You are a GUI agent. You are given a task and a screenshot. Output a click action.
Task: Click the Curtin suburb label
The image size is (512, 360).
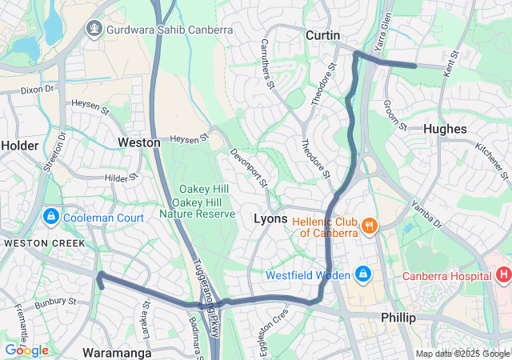(323, 35)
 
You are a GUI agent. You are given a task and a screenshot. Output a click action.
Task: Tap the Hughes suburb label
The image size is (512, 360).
(445, 128)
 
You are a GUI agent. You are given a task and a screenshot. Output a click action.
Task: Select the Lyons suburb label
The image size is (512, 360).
(270, 218)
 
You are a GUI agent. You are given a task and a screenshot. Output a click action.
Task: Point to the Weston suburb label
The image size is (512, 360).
(139, 142)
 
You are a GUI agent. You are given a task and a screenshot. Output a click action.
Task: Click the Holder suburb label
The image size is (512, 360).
(19, 145)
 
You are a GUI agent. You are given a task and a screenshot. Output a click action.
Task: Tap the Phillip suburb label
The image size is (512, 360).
(398, 318)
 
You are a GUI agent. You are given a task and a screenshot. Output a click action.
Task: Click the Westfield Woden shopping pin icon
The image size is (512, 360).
(364, 274)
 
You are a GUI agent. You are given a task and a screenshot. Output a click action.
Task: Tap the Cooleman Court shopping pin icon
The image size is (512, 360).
(50, 217)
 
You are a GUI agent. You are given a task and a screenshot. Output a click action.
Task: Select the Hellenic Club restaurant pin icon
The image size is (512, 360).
(369, 226)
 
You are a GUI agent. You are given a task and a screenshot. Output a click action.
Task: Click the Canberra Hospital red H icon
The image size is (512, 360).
(503, 275)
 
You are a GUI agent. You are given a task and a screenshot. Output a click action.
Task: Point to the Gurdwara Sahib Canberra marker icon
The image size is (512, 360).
(94, 30)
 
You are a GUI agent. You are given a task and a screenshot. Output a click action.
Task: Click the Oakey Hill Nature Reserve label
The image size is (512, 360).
(197, 202)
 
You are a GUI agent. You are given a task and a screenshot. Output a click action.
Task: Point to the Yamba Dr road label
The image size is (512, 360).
(426, 212)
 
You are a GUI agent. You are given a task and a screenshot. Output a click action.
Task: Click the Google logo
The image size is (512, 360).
(26, 350)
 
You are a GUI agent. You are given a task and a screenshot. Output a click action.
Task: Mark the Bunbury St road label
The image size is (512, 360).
(54, 303)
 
